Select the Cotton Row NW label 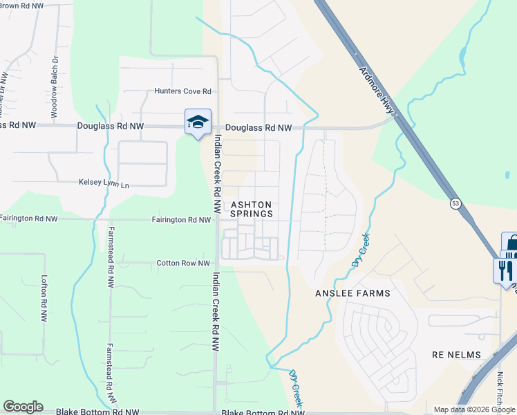(x=183, y=264)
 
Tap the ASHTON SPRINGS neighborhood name (x=252, y=210)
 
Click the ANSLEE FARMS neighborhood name (x=352, y=293)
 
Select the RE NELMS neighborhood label (x=456, y=355)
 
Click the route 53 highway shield (x=455, y=203)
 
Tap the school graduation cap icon (x=198, y=122)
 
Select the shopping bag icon (x=512, y=246)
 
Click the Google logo (x=23, y=407)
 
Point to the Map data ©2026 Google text (x=474, y=409)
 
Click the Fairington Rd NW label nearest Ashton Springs (x=181, y=220)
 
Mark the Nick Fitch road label (x=500, y=391)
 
